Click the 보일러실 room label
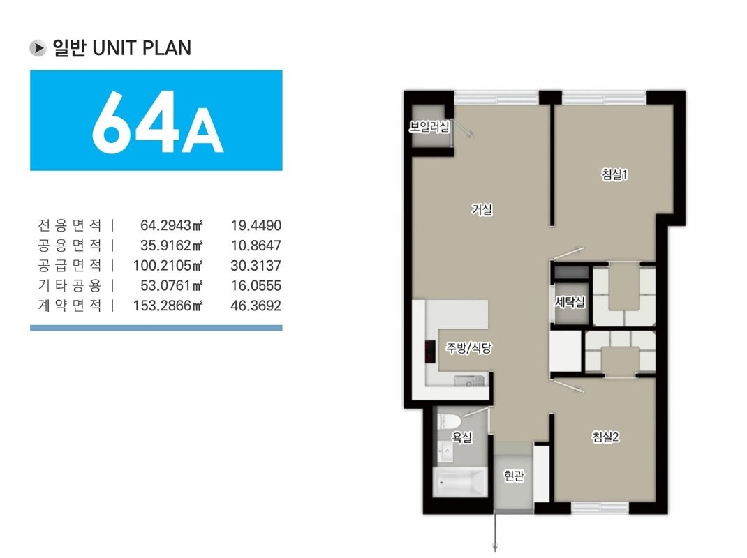point(429,127)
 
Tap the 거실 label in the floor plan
point(482,209)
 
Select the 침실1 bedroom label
point(614,175)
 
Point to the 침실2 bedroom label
point(605,437)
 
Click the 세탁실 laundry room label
point(570,302)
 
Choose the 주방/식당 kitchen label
point(468,348)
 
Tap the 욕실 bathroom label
point(462,437)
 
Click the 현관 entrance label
point(514,475)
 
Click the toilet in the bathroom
point(450,422)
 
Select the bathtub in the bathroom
point(460,482)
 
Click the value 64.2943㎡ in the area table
point(172,225)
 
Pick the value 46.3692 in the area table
point(256,306)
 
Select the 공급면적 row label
point(70,265)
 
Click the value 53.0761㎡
point(172,286)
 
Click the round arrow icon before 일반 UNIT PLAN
point(38,48)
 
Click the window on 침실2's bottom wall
point(600,508)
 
